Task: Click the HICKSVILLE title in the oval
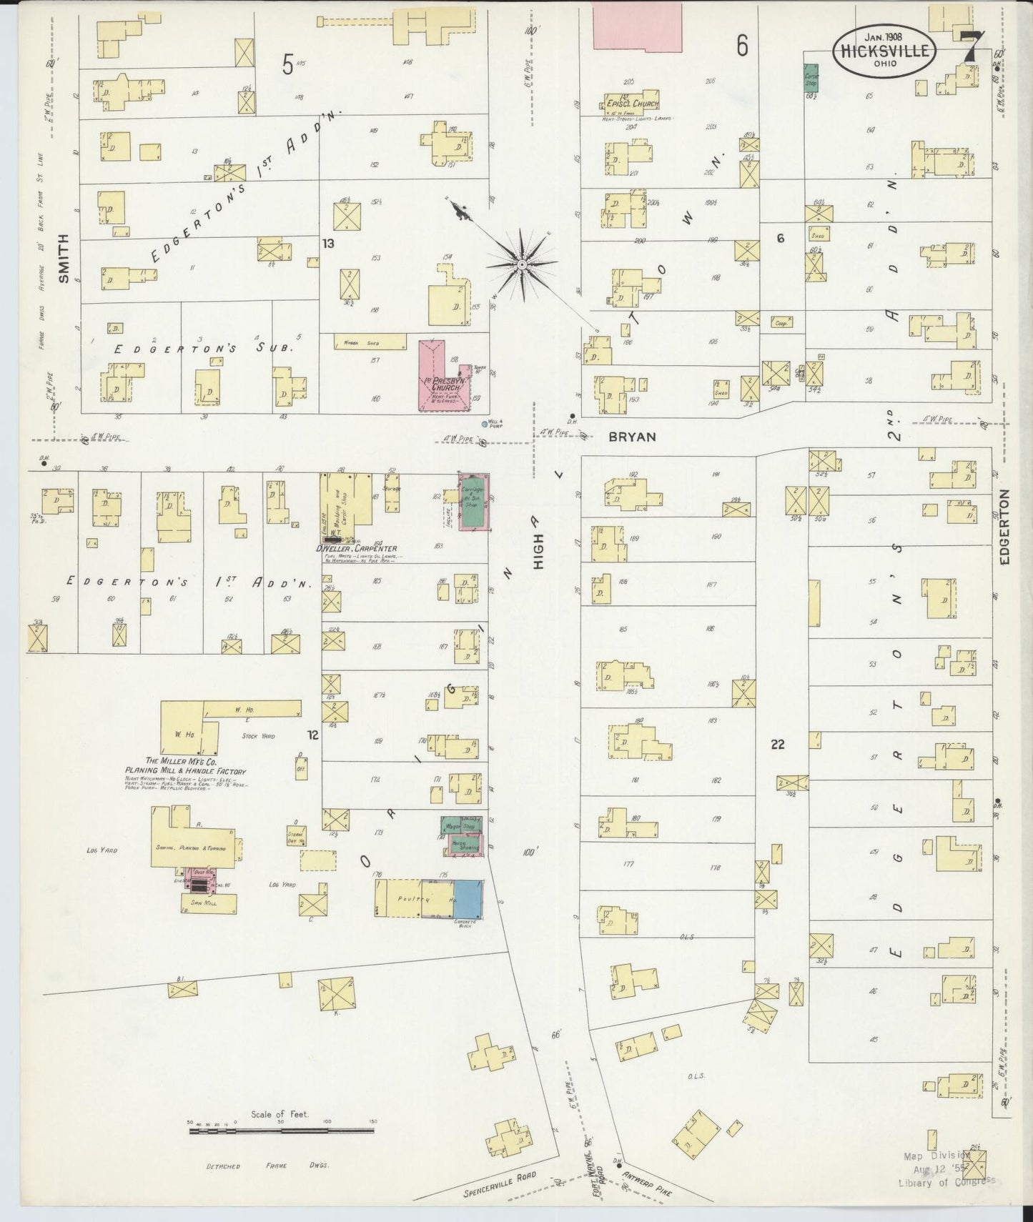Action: (885, 51)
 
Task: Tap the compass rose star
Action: (523, 264)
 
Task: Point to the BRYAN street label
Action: (632, 436)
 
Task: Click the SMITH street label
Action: (64, 259)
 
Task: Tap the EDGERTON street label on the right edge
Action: (1005, 527)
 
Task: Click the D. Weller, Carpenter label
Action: (355, 549)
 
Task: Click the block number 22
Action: (778, 744)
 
